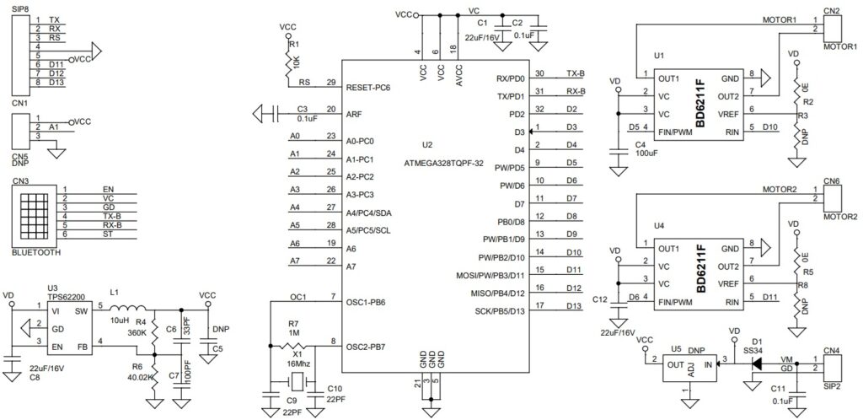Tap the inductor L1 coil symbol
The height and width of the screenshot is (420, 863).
click(x=134, y=307)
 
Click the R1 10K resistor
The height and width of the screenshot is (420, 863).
click(x=288, y=60)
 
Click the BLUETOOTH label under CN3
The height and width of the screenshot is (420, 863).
click(x=35, y=251)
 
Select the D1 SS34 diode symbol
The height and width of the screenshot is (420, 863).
click(x=755, y=364)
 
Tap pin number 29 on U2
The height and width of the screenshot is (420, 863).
click(x=331, y=83)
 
